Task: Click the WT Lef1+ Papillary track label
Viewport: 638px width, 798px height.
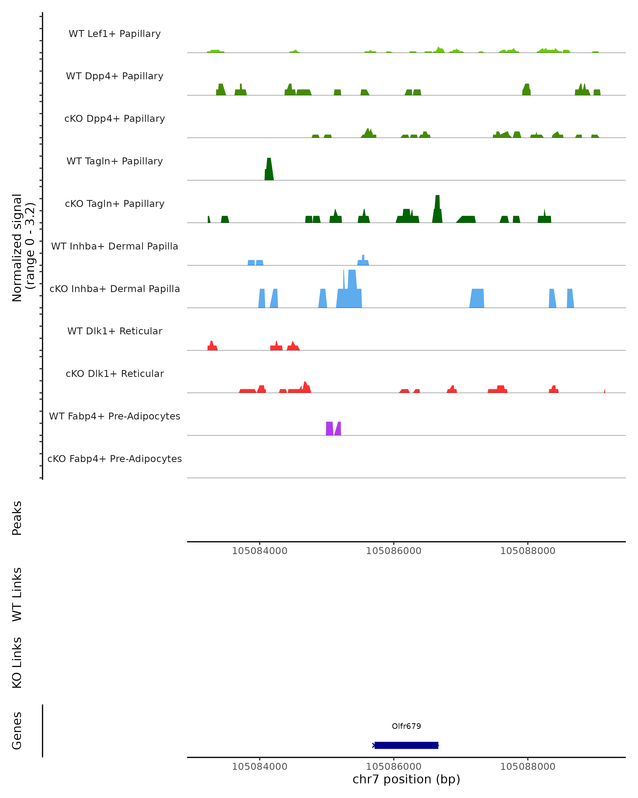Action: (115, 34)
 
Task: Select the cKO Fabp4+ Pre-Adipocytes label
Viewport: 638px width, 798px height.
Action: (115, 459)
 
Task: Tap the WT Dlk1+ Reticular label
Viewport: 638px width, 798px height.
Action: (115, 331)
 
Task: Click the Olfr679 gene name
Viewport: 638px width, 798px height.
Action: (406, 726)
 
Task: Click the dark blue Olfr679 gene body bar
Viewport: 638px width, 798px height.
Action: (406, 745)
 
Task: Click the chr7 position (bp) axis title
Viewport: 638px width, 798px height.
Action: (406, 779)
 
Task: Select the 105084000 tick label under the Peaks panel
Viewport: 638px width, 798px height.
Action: (260, 551)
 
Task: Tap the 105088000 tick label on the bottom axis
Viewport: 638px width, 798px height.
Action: (528, 767)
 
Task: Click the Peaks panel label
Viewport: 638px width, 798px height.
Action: (17, 518)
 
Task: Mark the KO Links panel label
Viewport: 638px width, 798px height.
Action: (17, 663)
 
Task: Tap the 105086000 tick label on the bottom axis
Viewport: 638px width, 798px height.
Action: (393, 767)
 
